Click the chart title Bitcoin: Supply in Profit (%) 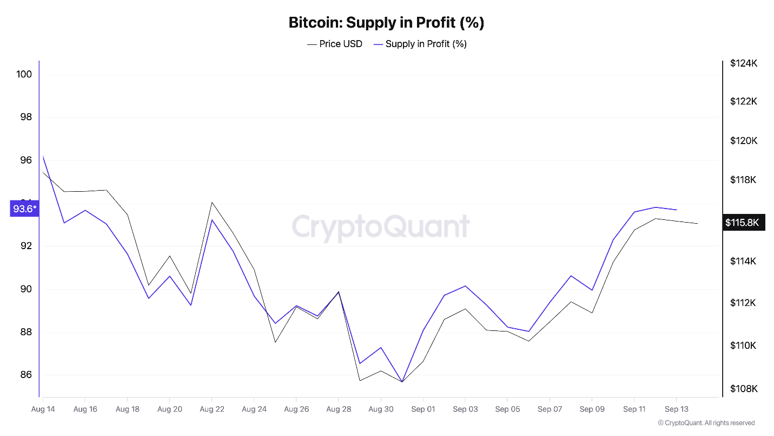click(386, 23)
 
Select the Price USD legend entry click(335, 44)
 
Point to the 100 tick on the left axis click(24, 74)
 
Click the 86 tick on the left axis click(24, 375)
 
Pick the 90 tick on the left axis click(24, 289)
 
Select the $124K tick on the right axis click(744, 63)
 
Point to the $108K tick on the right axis click(744, 389)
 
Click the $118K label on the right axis click(744, 180)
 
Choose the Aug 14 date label click(43, 409)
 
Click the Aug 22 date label click(212, 409)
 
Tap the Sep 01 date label click(424, 409)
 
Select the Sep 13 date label click(676, 409)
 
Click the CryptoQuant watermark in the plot click(381, 226)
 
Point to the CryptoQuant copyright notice click(706, 423)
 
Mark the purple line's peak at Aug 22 click(212, 219)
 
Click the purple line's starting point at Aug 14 click(43, 156)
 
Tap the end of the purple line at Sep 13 click(677, 210)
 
